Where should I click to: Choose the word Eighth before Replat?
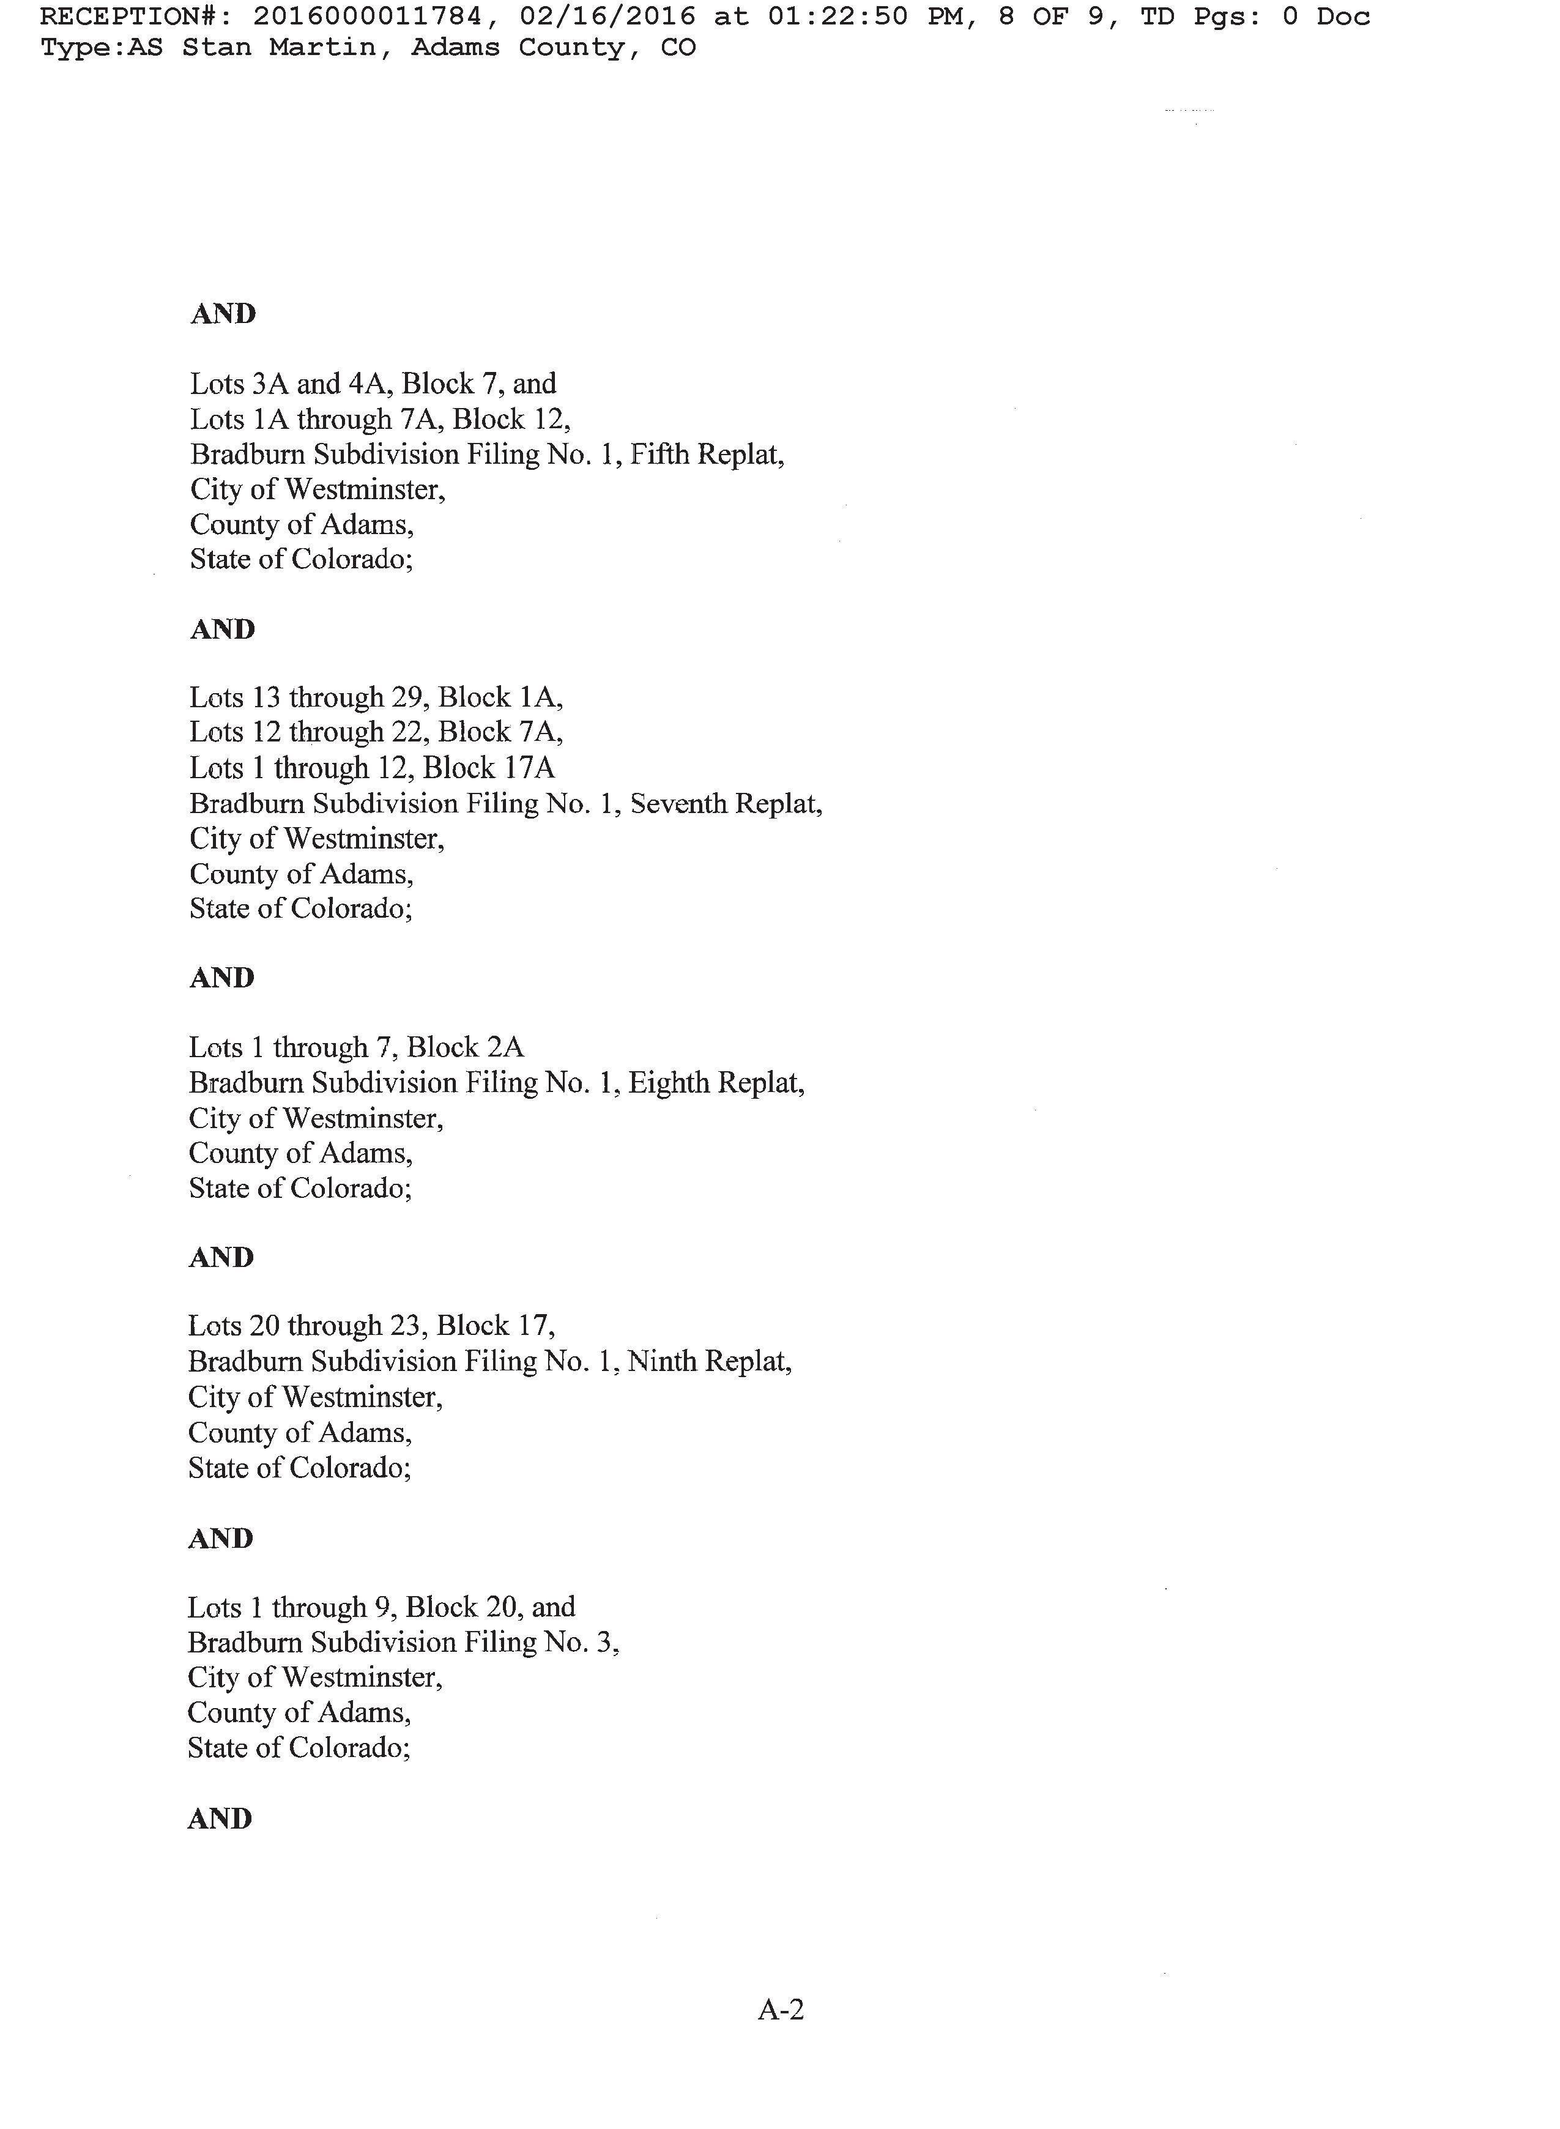click(x=667, y=1082)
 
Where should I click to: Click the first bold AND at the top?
click(x=223, y=314)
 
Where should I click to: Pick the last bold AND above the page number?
click(x=220, y=1819)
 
